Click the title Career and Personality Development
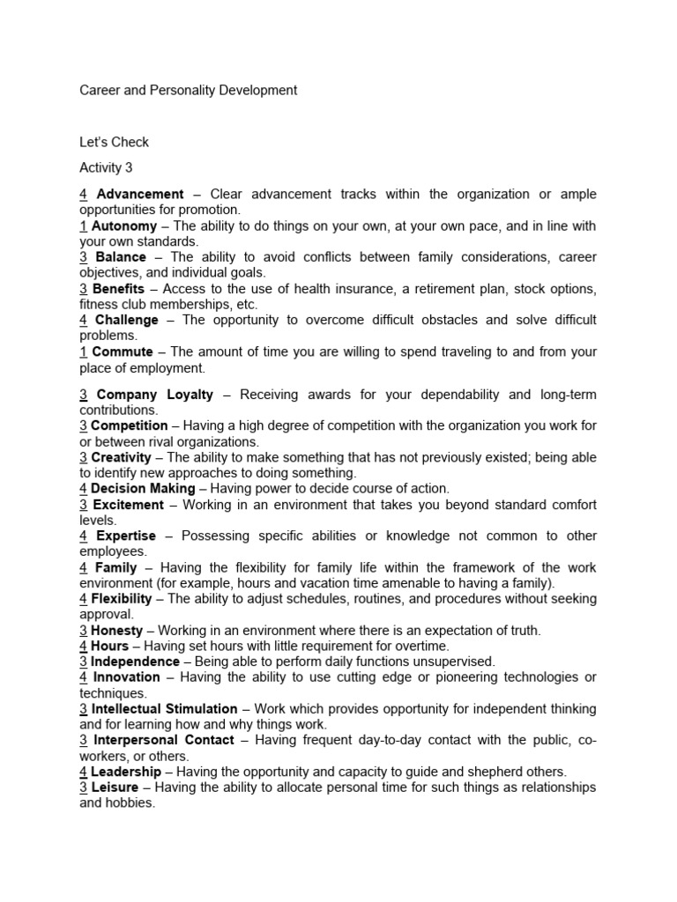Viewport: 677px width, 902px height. [x=188, y=90]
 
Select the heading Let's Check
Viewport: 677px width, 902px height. [x=114, y=142]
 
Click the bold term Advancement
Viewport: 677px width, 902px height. [x=139, y=194]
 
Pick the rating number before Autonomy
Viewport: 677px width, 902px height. [x=83, y=225]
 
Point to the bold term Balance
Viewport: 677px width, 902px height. [x=121, y=257]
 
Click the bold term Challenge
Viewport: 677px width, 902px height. [x=127, y=320]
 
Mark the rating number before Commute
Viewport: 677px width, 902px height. [x=83, y=351]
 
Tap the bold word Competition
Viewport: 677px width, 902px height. [x=130, y=425]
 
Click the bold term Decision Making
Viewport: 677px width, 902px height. [x=143, y=488]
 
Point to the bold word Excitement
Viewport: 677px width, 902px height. [x=128, y=505]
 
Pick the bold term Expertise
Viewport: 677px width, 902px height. [x=125, y=536]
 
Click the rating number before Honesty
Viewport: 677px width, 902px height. [x=83, y=630]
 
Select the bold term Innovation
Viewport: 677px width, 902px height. [x=127, y=676]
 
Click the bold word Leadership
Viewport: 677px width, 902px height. [x=126, y=771]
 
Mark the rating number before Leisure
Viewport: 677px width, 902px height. [x=83, y=787]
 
